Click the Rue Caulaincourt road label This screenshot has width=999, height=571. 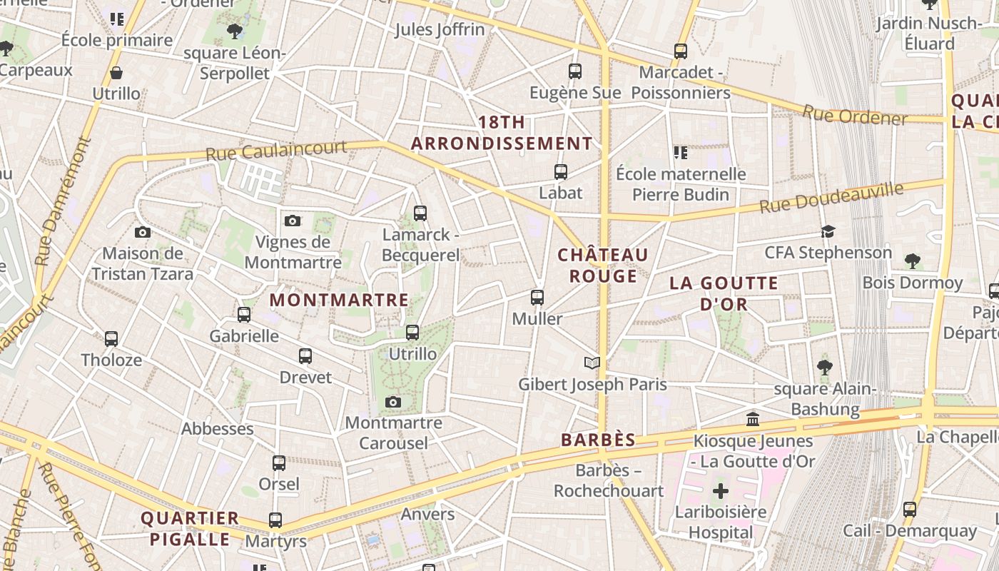pos(276,151)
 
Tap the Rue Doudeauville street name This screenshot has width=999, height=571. pos(831,198)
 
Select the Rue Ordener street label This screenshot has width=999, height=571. pos(855,115)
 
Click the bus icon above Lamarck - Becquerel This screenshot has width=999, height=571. pos(420,213)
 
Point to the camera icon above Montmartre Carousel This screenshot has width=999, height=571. pos(392,403)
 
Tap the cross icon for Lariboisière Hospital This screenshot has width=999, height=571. pos(721,491)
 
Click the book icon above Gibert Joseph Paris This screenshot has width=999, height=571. pos(592,363)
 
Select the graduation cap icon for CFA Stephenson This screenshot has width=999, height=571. pos(828,232)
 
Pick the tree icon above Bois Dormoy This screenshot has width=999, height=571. pos(912,261)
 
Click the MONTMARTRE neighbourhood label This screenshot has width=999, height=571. pos(339,300)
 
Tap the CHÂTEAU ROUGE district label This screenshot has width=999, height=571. pos(603,266)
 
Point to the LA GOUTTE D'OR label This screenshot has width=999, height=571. pos(724,293)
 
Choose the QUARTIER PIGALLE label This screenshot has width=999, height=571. pos(190,528)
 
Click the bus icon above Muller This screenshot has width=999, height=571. pos(537,298)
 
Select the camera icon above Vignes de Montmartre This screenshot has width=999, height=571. pos(293,221)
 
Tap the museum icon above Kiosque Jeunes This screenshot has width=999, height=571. pos(753,420)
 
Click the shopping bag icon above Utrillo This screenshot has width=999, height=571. pos(116,73)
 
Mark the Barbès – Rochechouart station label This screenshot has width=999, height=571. pos(609,480)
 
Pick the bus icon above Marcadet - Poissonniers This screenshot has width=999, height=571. pos(681,51)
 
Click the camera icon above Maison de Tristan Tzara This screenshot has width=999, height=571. pos(143,232)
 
